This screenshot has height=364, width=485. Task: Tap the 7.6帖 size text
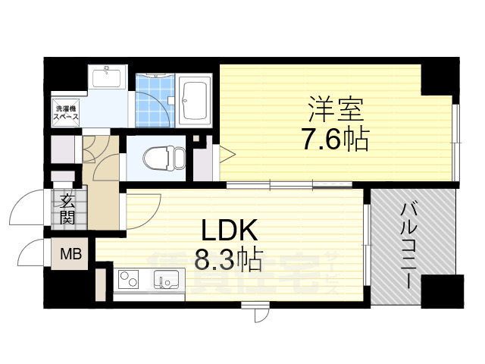[335, 140]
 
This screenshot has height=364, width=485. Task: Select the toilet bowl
[161, 158]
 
